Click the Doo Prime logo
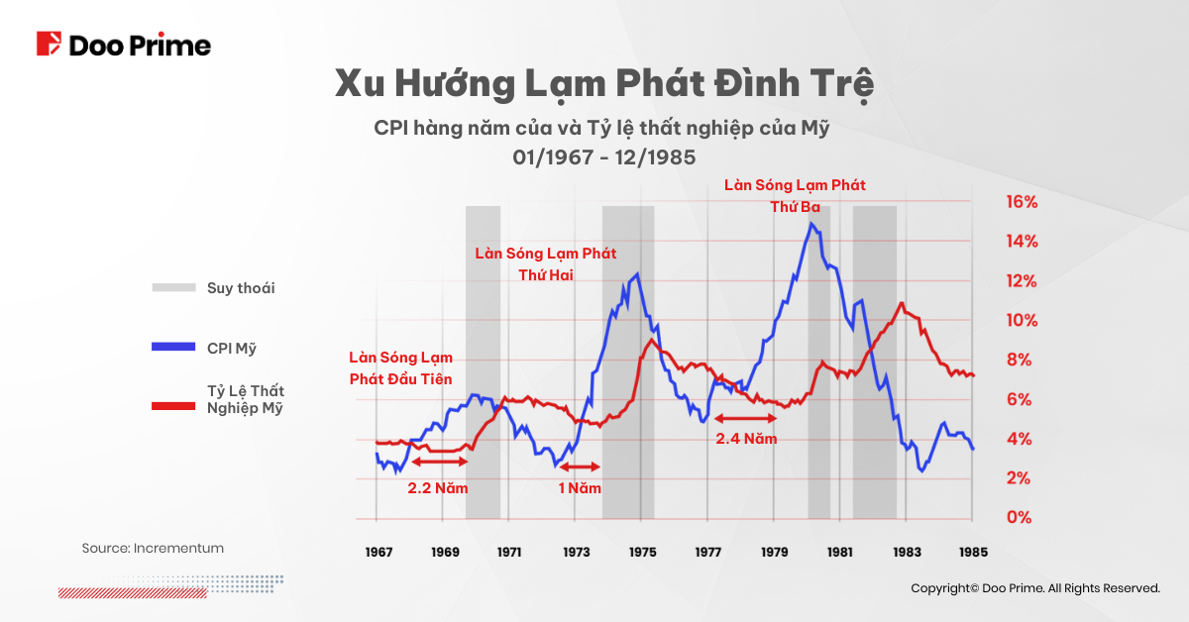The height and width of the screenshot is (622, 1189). pyautogui.click(x=124, y=45)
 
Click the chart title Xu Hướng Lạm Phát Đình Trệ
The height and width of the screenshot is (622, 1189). pyautogui.click(x=604, y=85)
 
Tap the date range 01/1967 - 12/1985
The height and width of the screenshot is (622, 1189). pyautogui.click(x=604, y=156)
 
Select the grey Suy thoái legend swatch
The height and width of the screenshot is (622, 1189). pyautogui.click(x=174, y=288)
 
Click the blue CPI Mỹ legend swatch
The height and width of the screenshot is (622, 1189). pyautogui.click(x=174, y=348)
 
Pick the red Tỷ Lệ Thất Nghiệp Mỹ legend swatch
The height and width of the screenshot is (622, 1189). pyautogui.click(x=174, y=405)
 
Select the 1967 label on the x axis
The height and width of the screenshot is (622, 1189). pyautogui.click(x=378, y=552)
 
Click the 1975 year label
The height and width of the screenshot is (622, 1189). pyautogui.click(x=642, y=552)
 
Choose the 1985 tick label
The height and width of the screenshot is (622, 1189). pyautogui.click(x=972, y=552)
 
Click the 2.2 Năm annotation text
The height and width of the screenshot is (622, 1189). pyautogui.click(x=437, y=488)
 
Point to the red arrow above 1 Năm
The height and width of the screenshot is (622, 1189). pyautogui.click(x=579, y=466)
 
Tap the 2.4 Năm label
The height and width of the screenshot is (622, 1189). pyautogui.click(x=746, y=437)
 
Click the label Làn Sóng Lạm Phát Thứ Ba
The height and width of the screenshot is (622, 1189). pyautogui.click(x=795, y=195)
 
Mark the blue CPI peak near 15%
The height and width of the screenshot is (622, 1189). pyautogui.click(x=811, y=224)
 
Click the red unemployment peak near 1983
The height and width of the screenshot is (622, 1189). pyautogui.click(x=902, y=303)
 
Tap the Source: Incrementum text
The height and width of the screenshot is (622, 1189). pyautogui.click(x=153, y=548)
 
